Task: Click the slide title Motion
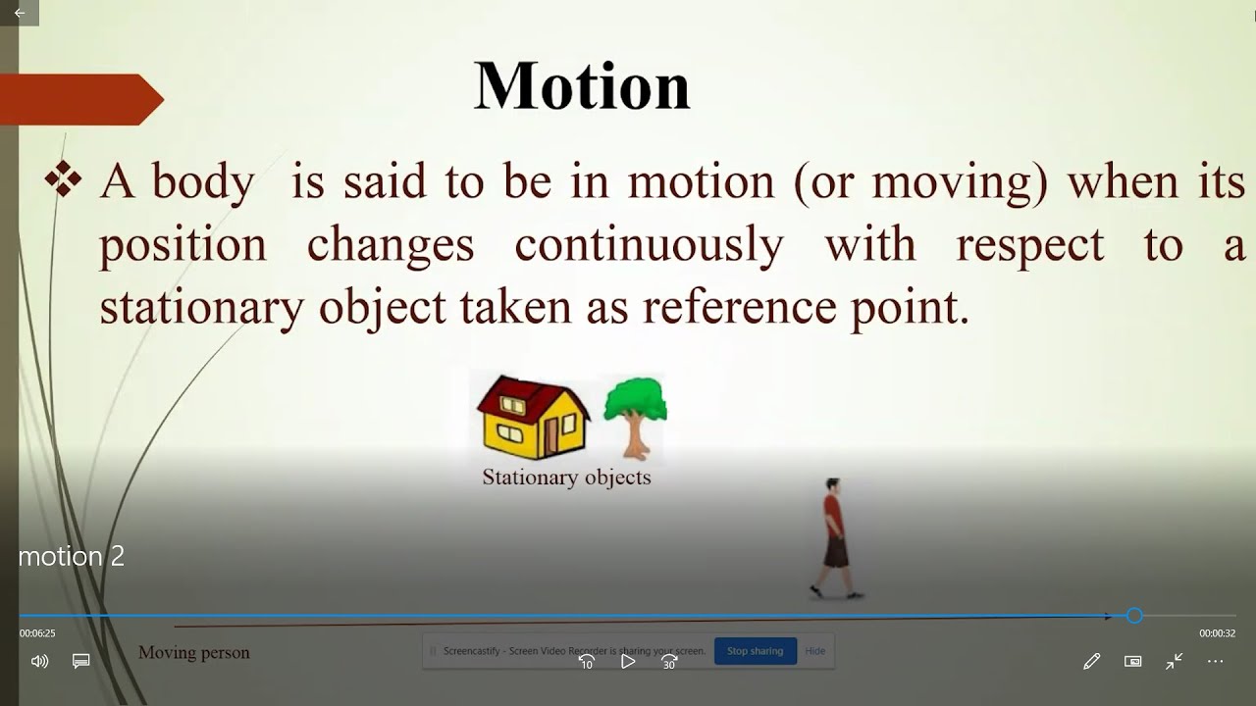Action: point(582,86)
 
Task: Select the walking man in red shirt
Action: point(835,538)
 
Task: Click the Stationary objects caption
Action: point(566,478)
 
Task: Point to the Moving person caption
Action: point(194,652)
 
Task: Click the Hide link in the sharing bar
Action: point(814,651)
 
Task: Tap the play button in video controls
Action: point(628,662)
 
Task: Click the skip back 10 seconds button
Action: point(586,662)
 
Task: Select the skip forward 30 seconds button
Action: point(669,662)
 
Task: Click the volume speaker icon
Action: point(39,662)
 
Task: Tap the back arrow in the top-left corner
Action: point(19,13)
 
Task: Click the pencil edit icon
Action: point(1091,662)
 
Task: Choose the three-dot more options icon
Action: point(1215,662)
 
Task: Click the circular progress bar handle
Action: point(1134,616)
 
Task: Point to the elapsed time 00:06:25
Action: point(37,633)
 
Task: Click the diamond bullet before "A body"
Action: point(63,181)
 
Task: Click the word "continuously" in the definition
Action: point(649,245)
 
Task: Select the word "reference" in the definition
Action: point(733,307)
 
